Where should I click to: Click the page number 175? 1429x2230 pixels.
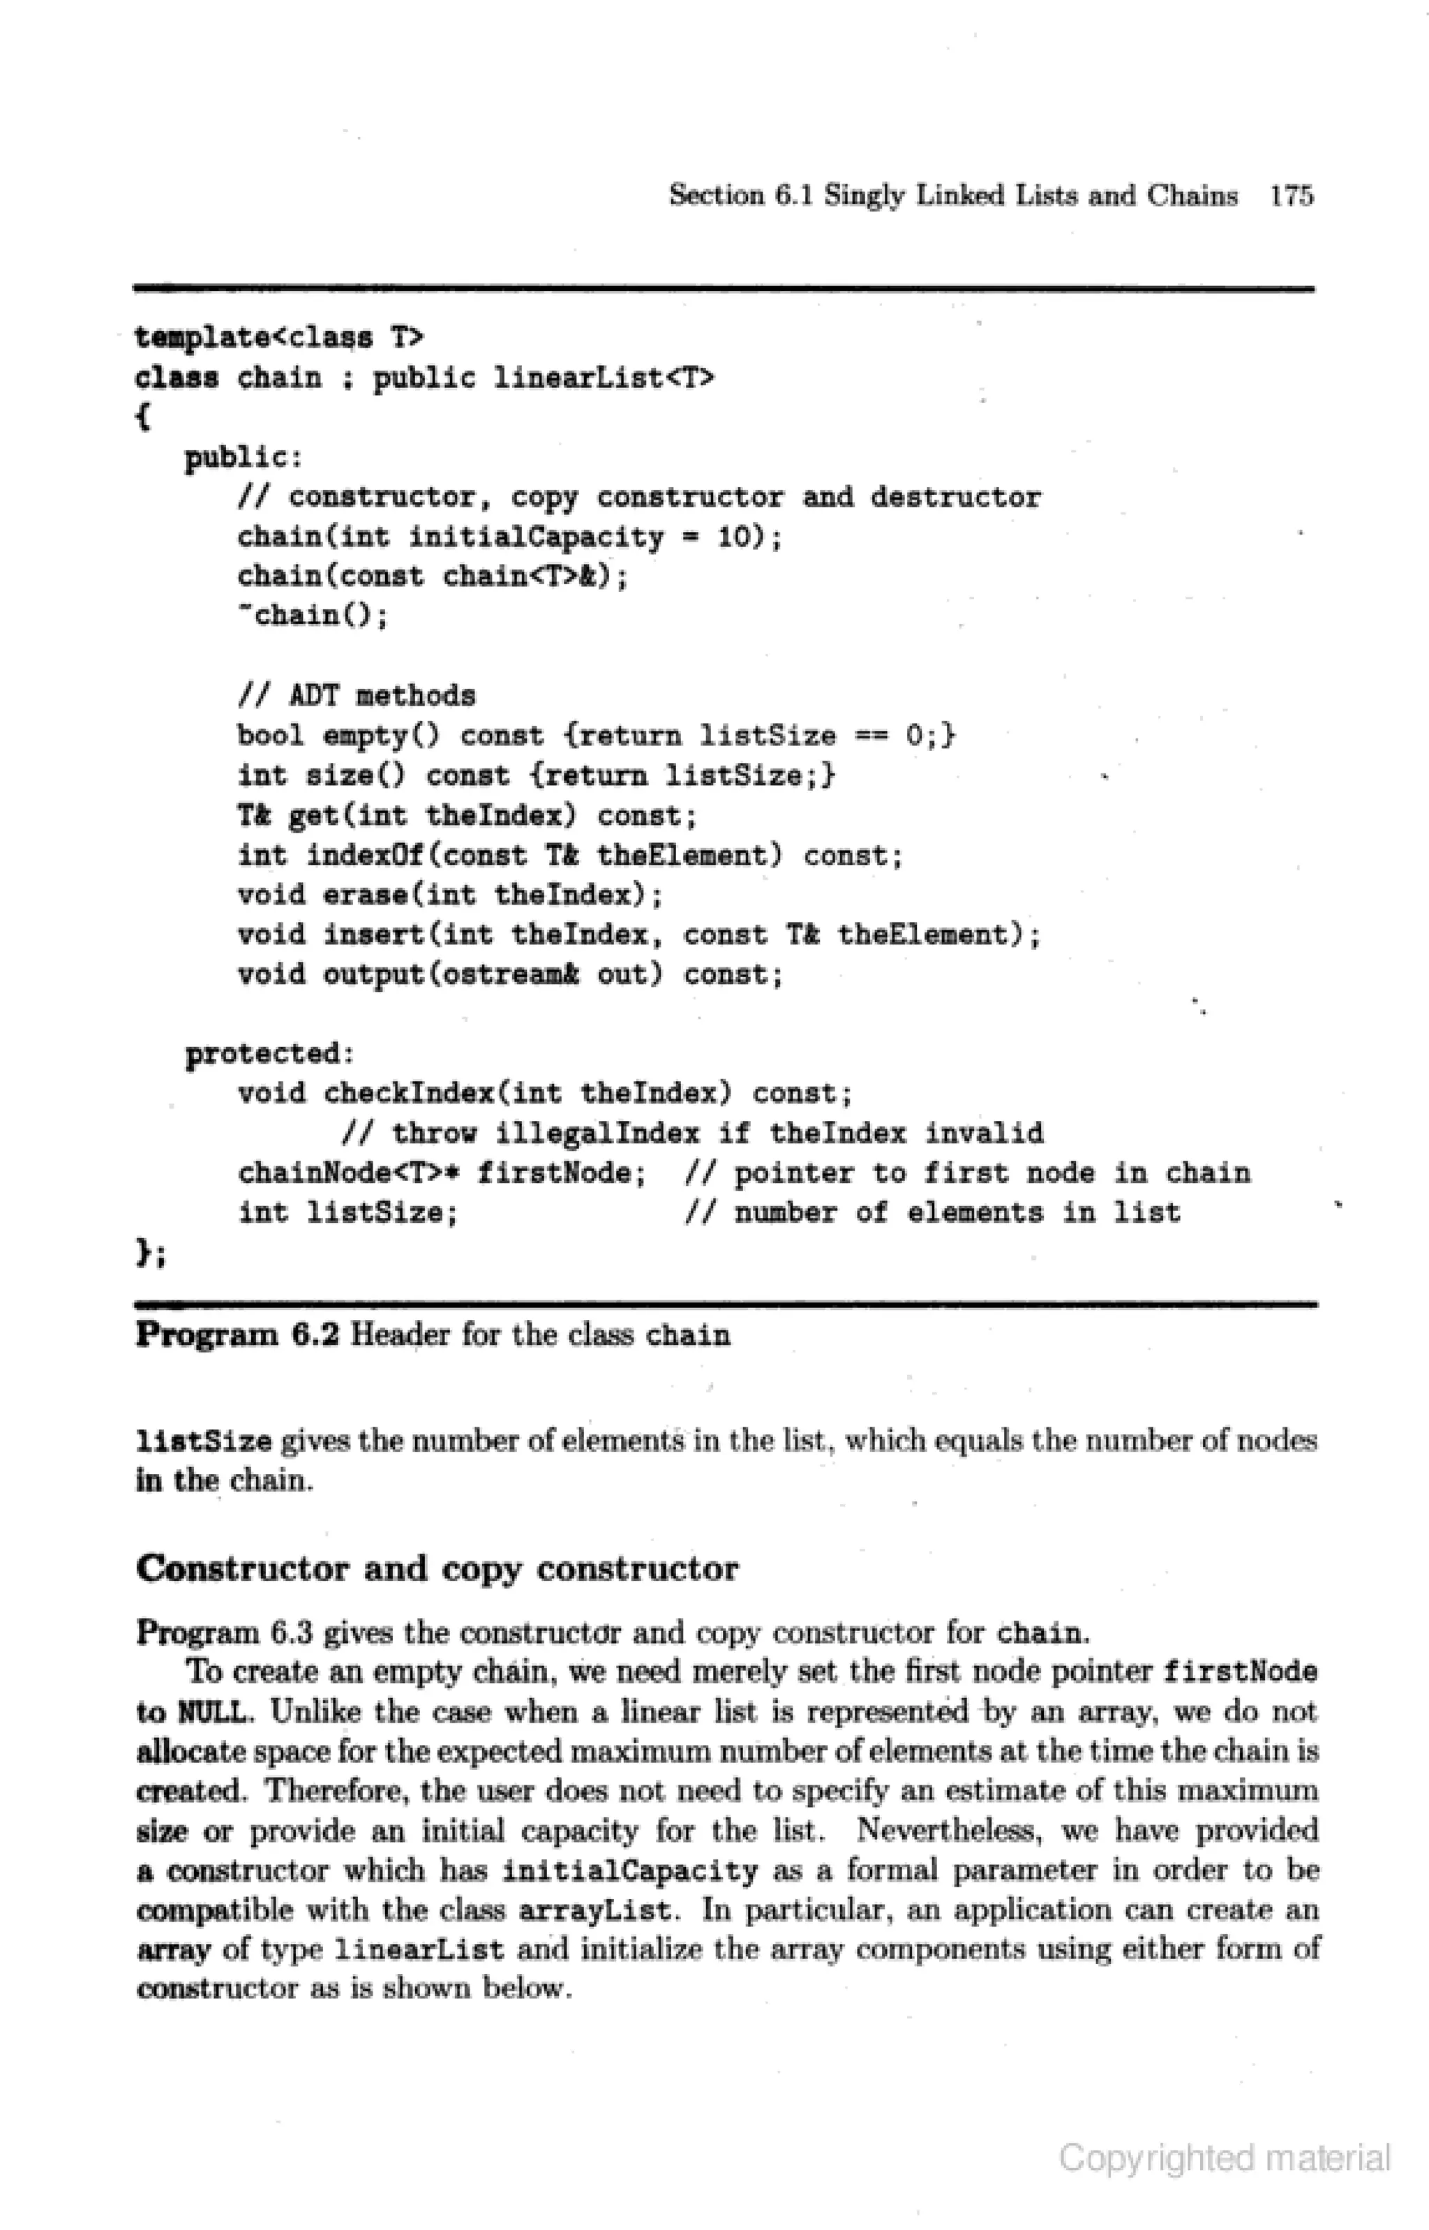pos(1292,196)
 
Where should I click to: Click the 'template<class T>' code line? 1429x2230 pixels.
pos(279,337)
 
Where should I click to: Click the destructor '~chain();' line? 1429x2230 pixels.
pos(313,616)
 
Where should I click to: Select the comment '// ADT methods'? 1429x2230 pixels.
pos(357,695)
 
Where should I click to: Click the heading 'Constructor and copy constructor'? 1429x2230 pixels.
pos(437,1568)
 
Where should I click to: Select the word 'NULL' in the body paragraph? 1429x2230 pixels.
pos(211,1711)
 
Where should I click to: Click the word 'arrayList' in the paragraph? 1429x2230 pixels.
pos(594,1910)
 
